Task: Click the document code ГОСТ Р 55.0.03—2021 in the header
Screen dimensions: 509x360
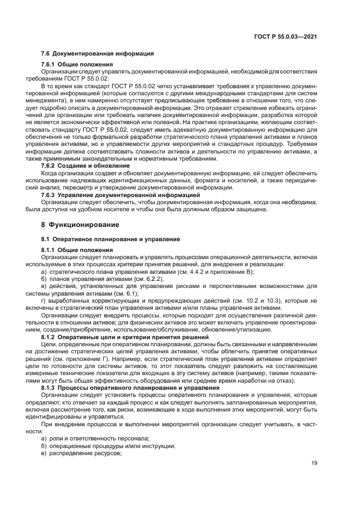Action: pos(286,36)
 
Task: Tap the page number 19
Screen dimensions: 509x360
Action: pos(314,463)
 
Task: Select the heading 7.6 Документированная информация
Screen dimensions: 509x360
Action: pos(97,53)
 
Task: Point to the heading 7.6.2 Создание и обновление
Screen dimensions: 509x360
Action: pos(86,165)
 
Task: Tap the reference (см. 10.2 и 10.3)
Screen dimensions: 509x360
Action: pos(264,301)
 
